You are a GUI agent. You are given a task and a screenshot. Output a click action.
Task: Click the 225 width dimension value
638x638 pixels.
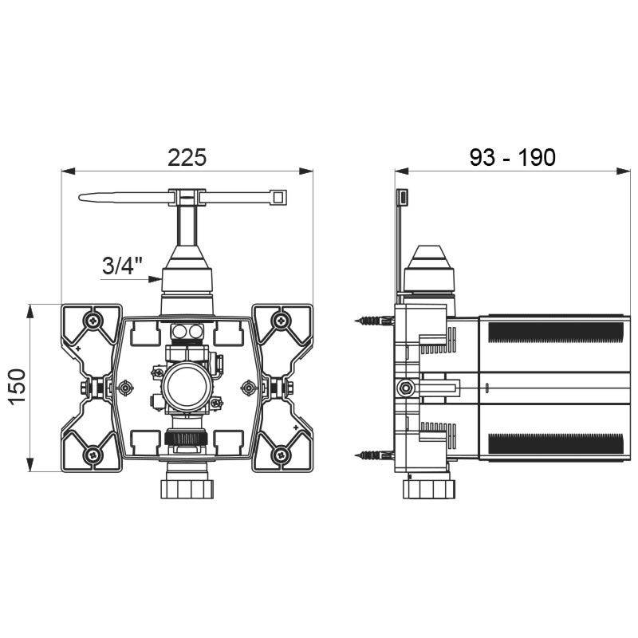point(187,156)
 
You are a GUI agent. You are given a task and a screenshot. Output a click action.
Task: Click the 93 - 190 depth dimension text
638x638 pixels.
point(512,156)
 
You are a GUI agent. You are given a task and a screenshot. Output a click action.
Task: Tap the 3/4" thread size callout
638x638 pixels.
point(120,266)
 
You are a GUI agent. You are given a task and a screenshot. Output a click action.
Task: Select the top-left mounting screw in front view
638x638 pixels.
point(95,321)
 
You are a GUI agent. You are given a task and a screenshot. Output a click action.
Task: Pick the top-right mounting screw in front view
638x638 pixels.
point(280,321)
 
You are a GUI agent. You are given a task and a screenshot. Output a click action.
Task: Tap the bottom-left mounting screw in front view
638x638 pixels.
point(95,455)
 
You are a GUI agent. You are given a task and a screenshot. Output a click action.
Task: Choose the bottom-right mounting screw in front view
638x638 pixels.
point(280,455)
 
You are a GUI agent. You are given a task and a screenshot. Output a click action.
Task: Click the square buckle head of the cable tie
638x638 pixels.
point(279,196)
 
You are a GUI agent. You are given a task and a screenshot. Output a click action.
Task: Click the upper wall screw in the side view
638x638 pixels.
point(371,321)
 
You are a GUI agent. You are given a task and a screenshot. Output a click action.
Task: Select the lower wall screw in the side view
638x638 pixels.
point(371,455)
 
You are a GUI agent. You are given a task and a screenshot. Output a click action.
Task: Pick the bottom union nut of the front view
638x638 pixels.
point(187,486)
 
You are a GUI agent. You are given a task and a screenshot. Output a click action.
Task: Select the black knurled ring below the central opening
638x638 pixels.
point(187,438)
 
